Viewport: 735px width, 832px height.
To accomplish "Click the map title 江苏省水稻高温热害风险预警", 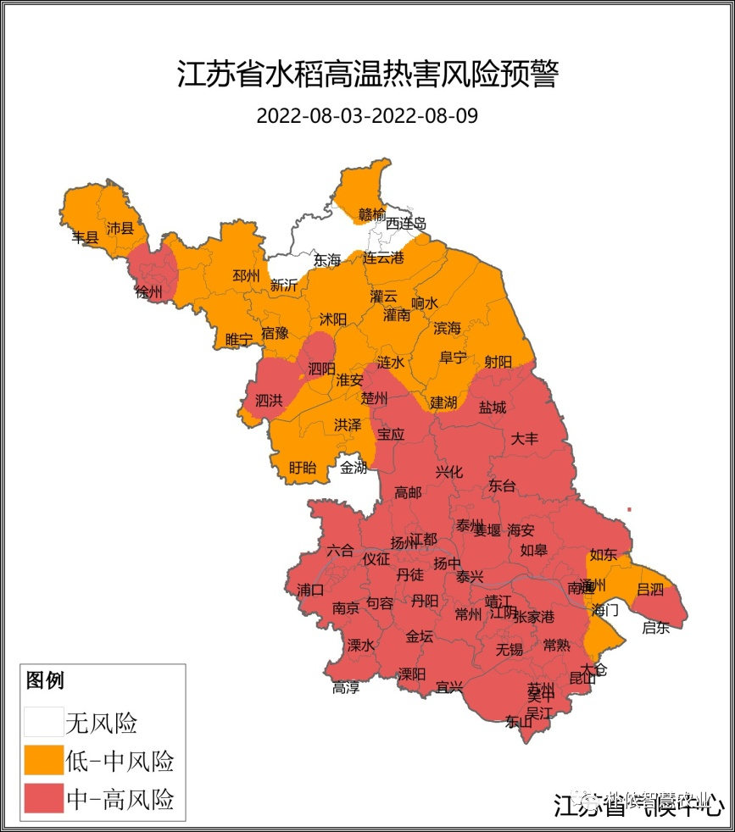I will [367, 74].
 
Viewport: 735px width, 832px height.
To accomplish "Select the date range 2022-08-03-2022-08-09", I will [367, 116].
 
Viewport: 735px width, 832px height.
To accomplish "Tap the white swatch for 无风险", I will [43, 722].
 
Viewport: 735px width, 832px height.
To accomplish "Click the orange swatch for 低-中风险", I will [43, 760].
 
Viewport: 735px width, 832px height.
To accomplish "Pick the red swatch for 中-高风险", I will [43, 798].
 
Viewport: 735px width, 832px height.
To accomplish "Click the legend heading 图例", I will [45, 679].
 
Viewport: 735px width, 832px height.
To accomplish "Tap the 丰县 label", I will [85, 238].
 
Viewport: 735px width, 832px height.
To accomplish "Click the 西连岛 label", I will [406, 225].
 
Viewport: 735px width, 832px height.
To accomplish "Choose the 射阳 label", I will [498, 362].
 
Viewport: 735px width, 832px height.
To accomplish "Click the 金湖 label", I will [354, 468].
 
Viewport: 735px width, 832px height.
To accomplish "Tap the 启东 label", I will [655, 628].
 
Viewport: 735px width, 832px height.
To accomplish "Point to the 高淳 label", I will [346, 687].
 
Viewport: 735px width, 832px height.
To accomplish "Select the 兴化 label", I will [449, 472].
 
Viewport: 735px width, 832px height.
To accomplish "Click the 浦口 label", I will [310, 589].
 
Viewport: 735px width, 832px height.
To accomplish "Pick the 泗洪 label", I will [269, 400].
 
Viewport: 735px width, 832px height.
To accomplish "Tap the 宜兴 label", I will [448, 687].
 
